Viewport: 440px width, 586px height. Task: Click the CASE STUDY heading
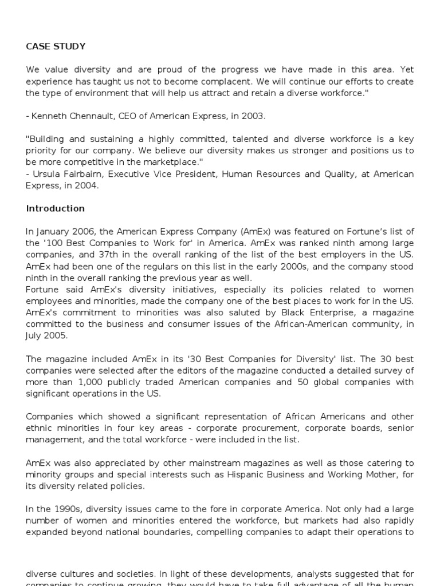pos(55,46)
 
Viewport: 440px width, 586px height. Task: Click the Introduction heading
pos(55,208)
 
